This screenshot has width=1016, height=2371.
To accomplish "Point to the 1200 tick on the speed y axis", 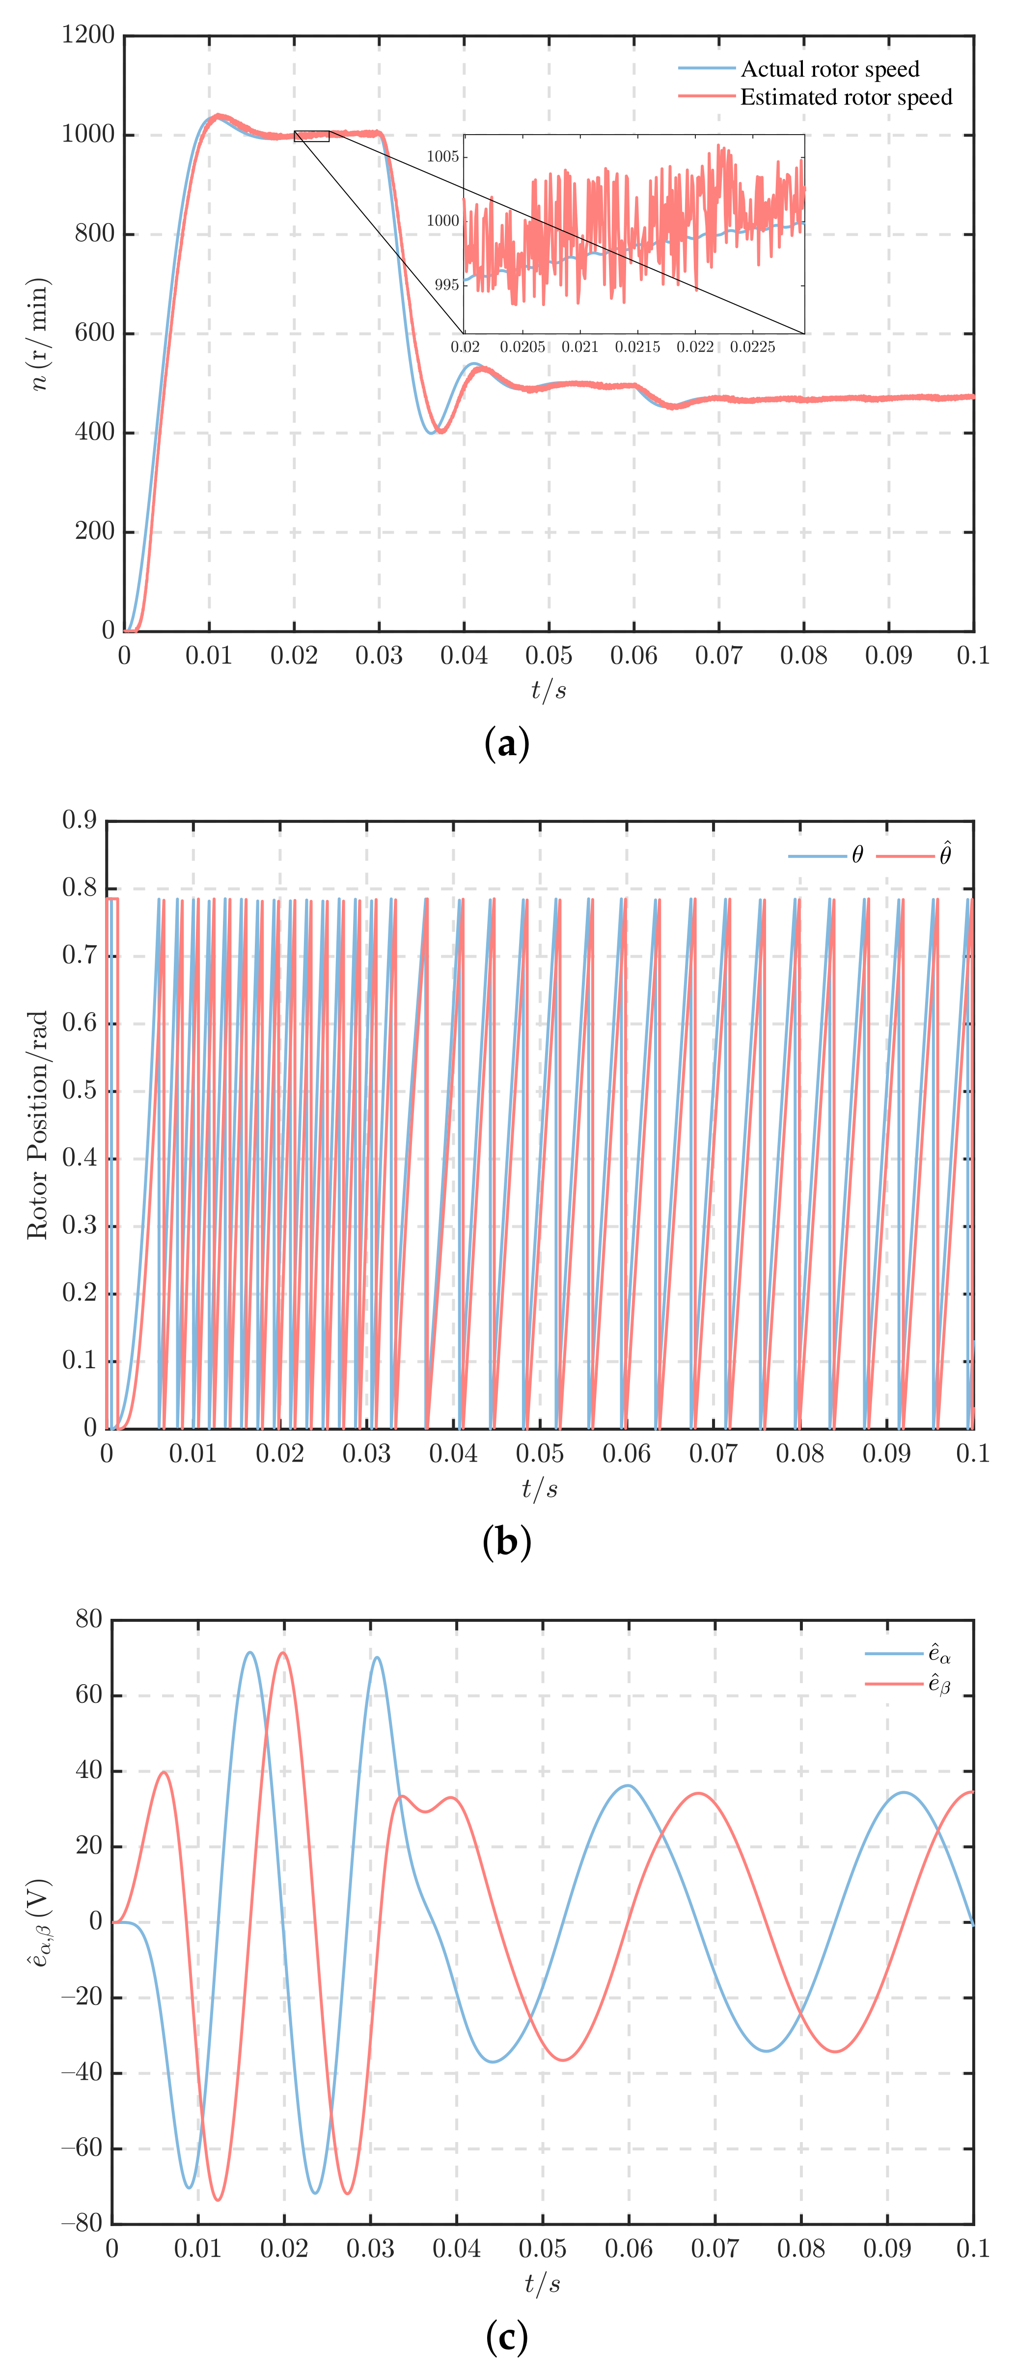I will (x=88, y=35).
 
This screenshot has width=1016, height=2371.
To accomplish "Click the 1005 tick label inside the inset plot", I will (x=442, y=156).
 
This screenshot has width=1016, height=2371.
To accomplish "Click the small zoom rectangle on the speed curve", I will (x=311, y=136).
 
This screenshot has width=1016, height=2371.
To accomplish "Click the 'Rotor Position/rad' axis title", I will (x=37, y=1125).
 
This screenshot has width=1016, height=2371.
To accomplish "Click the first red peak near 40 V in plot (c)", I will (x=164, y=1772).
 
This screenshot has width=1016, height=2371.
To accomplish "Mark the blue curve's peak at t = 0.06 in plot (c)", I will (x=628, y=1785).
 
